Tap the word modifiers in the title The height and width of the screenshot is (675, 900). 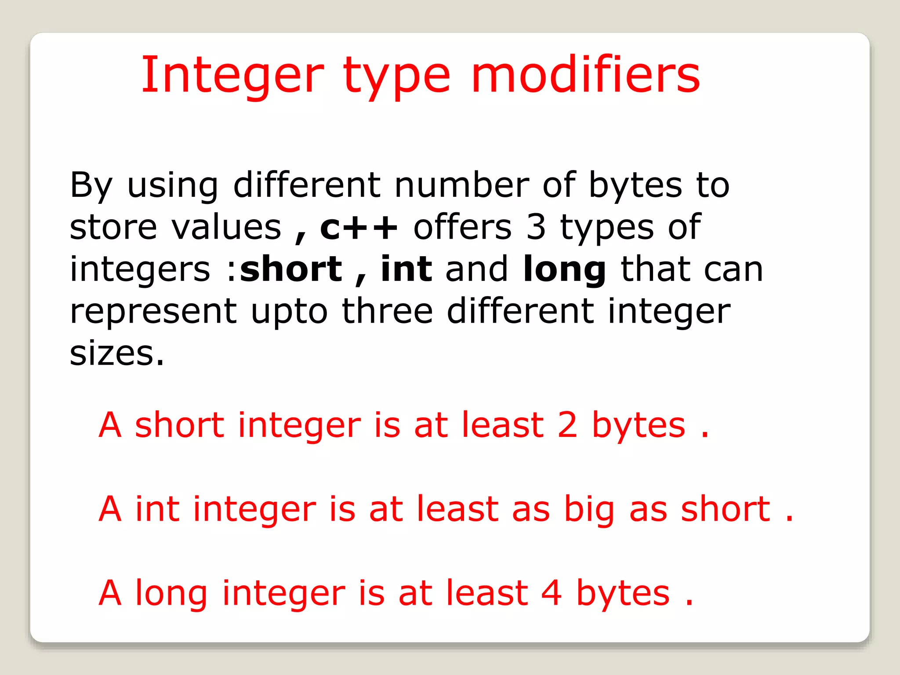coord(585,76)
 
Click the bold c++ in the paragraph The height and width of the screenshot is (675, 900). coord(359,228)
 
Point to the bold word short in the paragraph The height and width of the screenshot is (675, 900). coord(291,269)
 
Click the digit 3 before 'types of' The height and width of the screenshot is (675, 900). coord(536,228)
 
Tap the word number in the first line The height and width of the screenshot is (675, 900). coord(462,185)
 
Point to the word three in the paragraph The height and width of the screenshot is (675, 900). coord(388,311)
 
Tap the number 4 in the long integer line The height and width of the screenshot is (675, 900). coord(551,593)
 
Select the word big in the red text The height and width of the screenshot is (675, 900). coord(589,510)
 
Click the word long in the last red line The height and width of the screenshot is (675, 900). coord(171,594)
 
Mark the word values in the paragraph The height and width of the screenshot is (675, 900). coord(226,228)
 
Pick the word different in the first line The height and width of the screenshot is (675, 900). coord(307,185)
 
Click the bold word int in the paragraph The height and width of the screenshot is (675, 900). coord(406,269)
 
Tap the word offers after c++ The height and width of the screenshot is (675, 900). coord(463,228)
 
